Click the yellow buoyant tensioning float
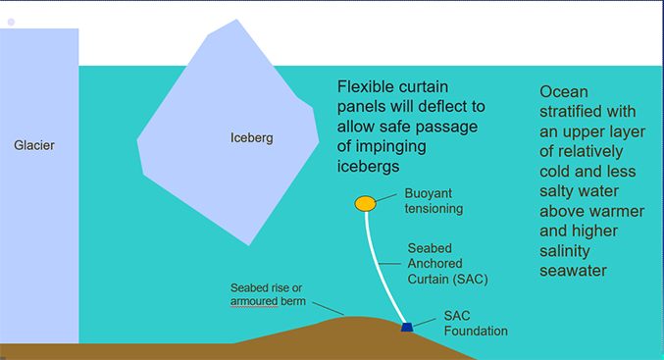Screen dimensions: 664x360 [365, 203]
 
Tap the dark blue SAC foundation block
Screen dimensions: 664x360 [407, 326]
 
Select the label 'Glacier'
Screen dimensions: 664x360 [34, 145]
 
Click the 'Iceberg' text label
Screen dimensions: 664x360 [251, 137]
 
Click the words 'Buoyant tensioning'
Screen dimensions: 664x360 [434, 201]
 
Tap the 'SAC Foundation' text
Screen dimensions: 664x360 [476, 324]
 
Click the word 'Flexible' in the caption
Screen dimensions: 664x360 [369, 86]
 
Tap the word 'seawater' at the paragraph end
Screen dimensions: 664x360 [576, 271]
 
